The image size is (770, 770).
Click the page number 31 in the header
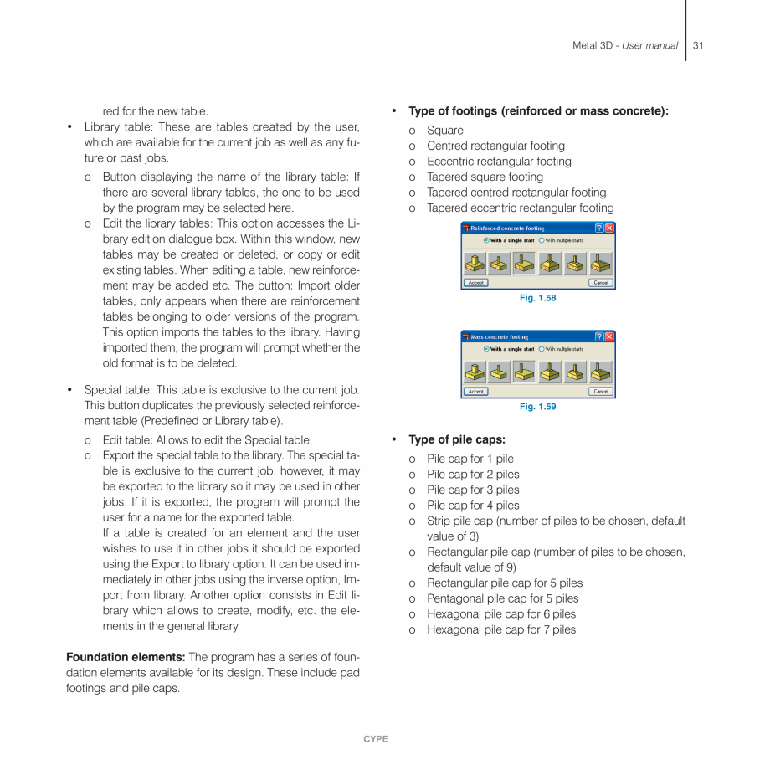tap(698, 45)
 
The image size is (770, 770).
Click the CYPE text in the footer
tap(376, 739)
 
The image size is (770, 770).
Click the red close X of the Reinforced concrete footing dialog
tap(609, 228)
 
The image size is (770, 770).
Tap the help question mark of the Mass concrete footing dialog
tap(599, 336)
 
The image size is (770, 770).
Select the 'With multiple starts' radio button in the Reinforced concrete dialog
tap(542, 240)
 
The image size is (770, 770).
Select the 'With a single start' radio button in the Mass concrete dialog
tap(486, 349)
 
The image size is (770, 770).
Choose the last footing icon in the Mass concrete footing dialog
tap(600, 372)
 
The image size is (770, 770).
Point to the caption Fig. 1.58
tap(537, 298)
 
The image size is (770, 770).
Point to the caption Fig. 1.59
tap(537, 407)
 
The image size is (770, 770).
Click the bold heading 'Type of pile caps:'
tap(456, 439)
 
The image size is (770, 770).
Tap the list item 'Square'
tap(444, 131)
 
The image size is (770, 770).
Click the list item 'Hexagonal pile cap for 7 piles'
tap(501, 629)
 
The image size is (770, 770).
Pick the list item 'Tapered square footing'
tap(485, 177)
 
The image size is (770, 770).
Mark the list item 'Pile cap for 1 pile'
tap(470, 459)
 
